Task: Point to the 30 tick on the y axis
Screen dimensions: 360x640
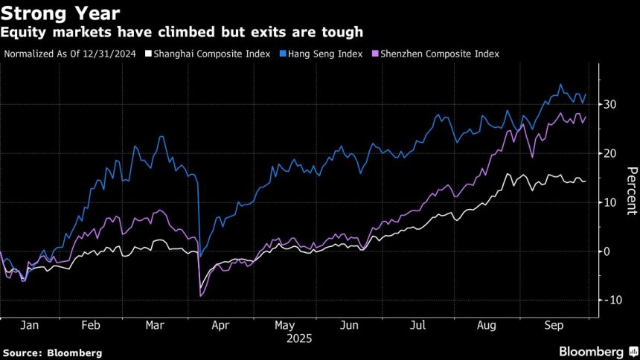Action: [609, 105]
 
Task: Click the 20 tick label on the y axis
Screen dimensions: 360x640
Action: [609, 153]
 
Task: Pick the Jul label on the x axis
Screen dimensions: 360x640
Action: [418, 325]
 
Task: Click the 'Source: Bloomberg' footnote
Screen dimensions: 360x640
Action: [52, 353]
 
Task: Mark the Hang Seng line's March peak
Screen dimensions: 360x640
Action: [161, 136]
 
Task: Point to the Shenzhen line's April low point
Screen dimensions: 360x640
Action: [201, 296]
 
